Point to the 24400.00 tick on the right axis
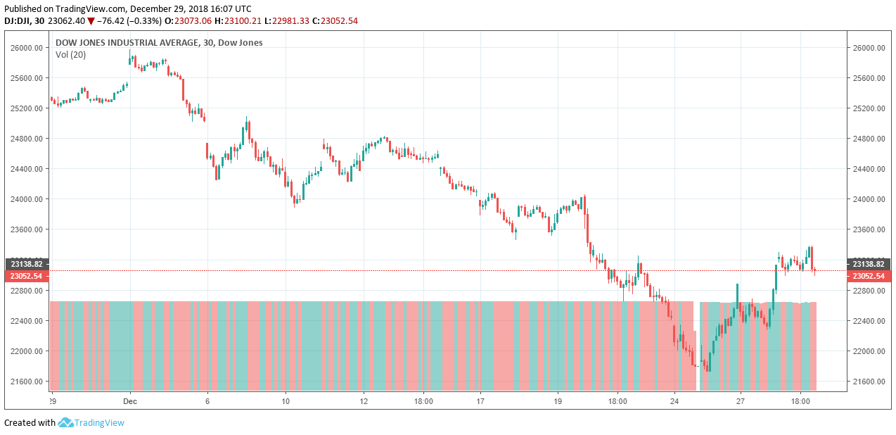pyautogui.click(x=870, y=169)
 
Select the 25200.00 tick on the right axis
pyautogui.click(x=870, y=108)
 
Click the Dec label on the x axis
pyautogui.click(x=130, y=401)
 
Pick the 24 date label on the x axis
pyautogui.click(x=674, y=401)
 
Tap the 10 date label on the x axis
pyautogui.click(x=286, y=401)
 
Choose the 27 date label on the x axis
pyautogui.click(x=741, y=401)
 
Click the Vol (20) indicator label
pyautogui.click(x=70, y=55)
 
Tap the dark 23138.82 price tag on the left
pyautogui.click(x=26, y=264)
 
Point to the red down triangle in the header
pyautogui.click(x=91, y=21)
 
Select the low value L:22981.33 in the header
pyautogui.click(x=290, y=21)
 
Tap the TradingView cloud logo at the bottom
pyautogui.click(x=65, y=422)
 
